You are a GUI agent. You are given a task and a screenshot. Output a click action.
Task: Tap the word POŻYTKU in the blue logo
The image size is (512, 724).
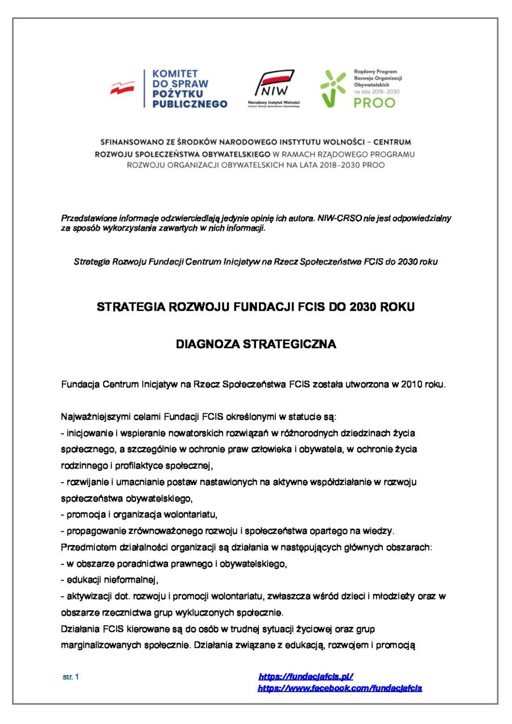[175, 94]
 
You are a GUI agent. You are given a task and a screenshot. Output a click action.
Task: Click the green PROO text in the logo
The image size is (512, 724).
[374, 103]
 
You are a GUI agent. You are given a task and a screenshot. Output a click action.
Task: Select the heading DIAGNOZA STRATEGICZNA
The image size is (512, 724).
[255, 344]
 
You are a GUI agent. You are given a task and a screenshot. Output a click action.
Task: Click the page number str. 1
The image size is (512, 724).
[71, 677]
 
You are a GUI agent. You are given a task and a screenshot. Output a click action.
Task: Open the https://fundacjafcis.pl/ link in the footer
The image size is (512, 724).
[306, 677]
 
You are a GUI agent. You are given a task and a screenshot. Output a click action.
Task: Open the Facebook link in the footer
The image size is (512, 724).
[340, 688]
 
